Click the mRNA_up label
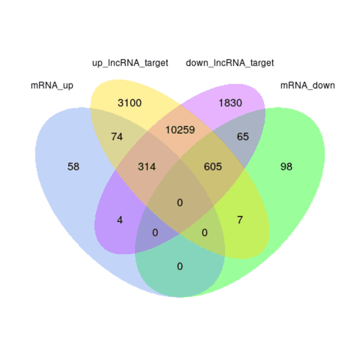coord(52,86)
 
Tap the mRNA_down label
coord(308,85)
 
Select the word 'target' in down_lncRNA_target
coord(262,63)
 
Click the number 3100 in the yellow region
coord(130,103)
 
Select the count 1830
coord(230,103)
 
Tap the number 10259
coord(180,130)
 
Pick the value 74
coord(117,137)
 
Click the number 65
coord(242,137)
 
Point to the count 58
coord(73,167)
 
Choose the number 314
coord(147,167)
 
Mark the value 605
coord(213,167)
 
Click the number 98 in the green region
coord(286,167)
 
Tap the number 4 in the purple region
coord(120,220)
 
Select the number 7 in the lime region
coord(239,220)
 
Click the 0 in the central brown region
coord(180,203)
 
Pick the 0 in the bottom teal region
coord(180,266)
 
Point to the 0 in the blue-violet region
coord(155,233)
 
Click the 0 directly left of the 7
coord(205,233)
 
